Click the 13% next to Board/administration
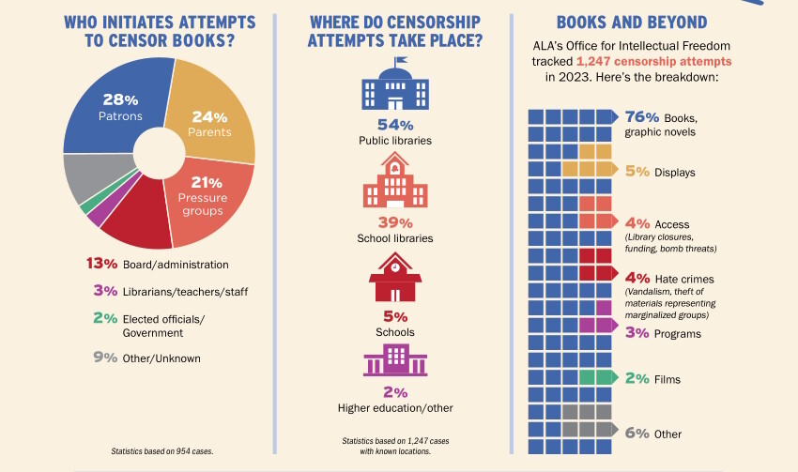pos(100,265)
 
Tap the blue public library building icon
pos(395,86)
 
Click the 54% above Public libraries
pos(395,125)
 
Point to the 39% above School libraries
pos(395,222)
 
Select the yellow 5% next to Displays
pos(637,172)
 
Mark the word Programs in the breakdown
pos(679,333)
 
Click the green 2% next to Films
pos(637,379)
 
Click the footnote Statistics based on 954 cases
pos(162,451)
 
